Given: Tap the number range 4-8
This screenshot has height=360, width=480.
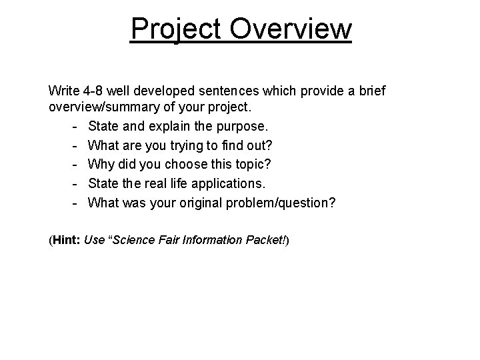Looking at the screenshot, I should click(x=93, y=90).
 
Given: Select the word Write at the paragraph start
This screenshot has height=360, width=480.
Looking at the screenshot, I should click(x=63, y=90).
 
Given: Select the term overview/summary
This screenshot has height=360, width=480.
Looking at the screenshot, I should click(x=99, y=107).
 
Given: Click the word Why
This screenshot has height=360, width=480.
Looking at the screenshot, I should click(x=100, y=164).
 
